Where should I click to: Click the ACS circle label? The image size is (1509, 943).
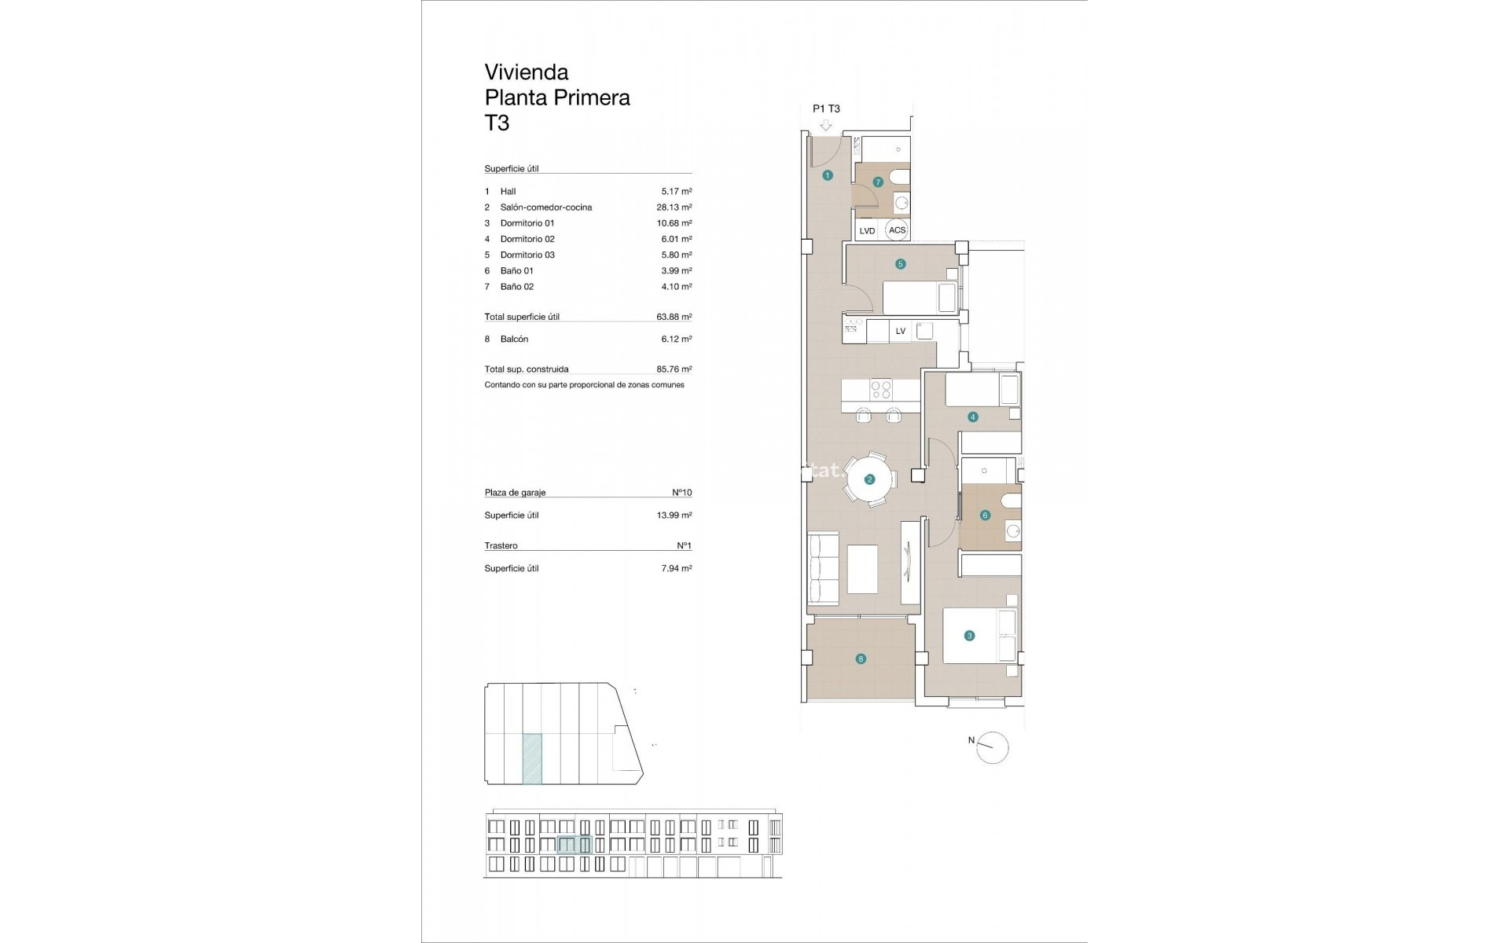pyautogui.click(x=897, y=230)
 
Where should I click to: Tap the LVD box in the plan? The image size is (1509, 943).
pyautogui.click(x=867, y=231)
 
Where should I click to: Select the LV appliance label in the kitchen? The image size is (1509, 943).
pyautogui.click(x=901, y=331)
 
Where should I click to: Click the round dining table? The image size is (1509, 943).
pyautogui.click(x=869, y=479)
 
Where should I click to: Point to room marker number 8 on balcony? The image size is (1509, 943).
pyautogui.click(x=861, y=659)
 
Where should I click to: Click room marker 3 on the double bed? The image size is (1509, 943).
pyautogui.click(x=969, y=636)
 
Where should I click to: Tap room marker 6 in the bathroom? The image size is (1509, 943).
pyautogui.click(x=985, y=516)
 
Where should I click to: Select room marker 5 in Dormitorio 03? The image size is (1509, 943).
pyautogui.click(x=901, y=264)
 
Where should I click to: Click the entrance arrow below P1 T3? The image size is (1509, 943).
pyautogui.click(x=825, y=126)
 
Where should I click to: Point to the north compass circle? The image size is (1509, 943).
pyautogui.click(x=993, y=747)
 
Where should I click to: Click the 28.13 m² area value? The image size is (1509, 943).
pyautogui.click(x=674, y=207)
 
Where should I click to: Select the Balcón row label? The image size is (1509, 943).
pyautogui.click(x=514, y=339)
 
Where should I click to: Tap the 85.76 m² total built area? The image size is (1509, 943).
pyautogui.click(x=674, y=369)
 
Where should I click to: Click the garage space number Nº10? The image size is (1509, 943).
pyautogui.click(x=681, y=493)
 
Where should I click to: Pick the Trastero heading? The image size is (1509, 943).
pyautogui.click(x=501, y=545)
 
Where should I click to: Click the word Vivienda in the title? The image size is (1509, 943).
pyautogui.click(x=526, y=72)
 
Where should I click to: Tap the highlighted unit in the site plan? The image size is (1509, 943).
pyautogui.click(x=532, y=759)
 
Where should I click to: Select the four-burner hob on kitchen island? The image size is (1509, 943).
pyautogui.click(x=881, y=391)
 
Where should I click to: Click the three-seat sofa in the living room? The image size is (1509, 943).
pyautogui.click(x=824, y=569)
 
